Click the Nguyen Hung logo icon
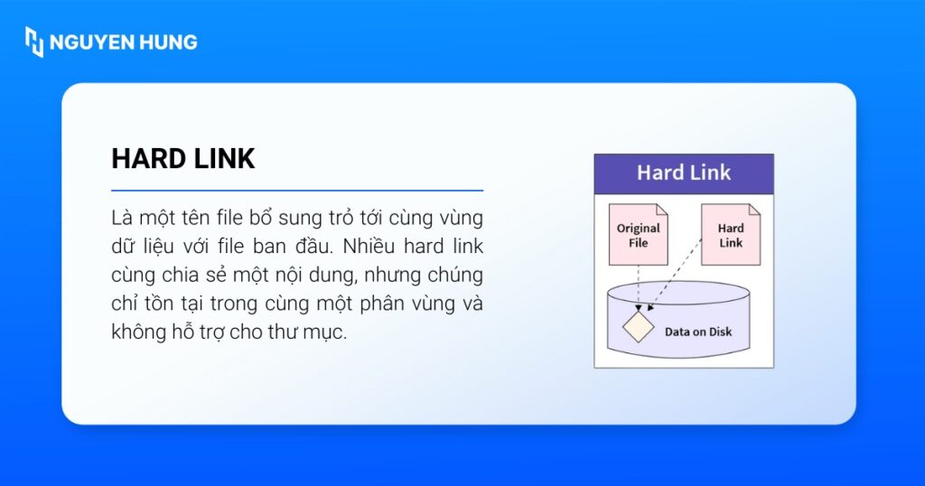34,42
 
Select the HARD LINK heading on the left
183,159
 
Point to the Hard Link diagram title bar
684,173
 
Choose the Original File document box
638,234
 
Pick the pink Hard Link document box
731,234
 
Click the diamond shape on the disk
639,326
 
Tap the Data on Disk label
698,332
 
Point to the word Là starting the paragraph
122,219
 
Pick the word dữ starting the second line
123,247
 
